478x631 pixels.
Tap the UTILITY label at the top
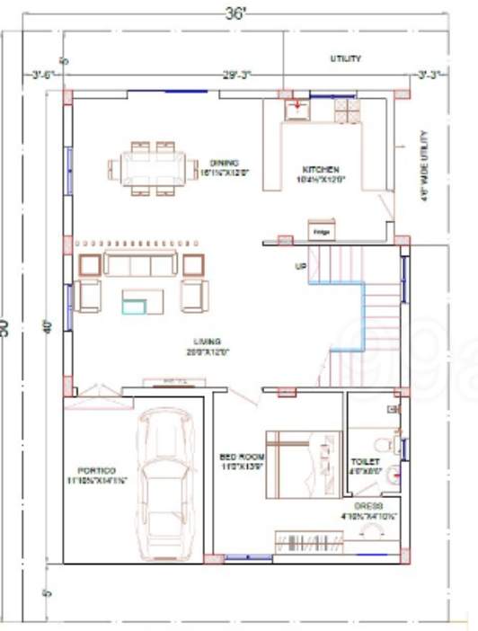[x=345, y=58]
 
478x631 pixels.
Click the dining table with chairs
[x=153, y=167]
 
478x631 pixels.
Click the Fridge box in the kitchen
[x=321, y=230]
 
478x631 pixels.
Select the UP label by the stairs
[x=301, y=267]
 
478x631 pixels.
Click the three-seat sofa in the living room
[x=139, y=264]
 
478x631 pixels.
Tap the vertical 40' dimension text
[x=46, y=326]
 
